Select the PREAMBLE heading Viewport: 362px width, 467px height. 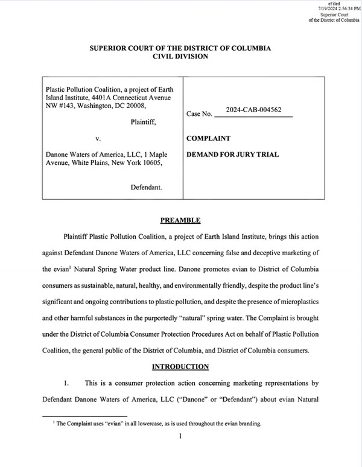point(180,220)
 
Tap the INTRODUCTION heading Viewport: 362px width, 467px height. point(180,366)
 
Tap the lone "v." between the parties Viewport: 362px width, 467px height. point(107,138)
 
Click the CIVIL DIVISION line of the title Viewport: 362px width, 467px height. point(180,56)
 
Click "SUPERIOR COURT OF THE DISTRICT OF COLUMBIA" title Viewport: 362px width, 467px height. point(180,48)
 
